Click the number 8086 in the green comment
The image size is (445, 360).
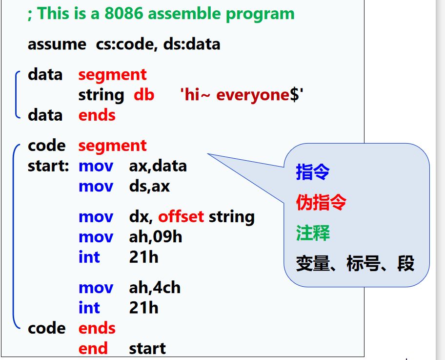pyautogui.click(x=123, y=13)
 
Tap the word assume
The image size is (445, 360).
pyautogui.click(x=57, y=44)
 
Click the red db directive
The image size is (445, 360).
pyautogui.click(x=144, y=95)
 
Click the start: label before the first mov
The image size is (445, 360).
pyautogui.click(x=48, y=166)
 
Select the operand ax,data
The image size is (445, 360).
pyautogui.click(x=158, y=166)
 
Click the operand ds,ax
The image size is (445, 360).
pyautogui.click(x=149, y=187)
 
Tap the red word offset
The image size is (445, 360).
pyautogui.click(x=181, y=216)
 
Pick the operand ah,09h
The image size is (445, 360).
pyautogui.click(x=156, y=237)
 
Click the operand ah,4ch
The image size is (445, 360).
pyautogui.click(x=155, y=288)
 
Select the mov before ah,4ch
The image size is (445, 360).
pyautogui.click(x=96, y=288)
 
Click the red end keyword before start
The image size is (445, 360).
pyautogui.click(x=93, y=349)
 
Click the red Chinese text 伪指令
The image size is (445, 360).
pyautogui.click(x=321, y=202)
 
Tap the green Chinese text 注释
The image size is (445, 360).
pyautogui.click(x=313, y=233)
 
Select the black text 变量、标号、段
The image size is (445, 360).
pyautogui.click(x=355, y=263)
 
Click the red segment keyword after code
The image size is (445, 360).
pyautogui.click(x=112, y=147)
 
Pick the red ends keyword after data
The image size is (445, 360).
pyautogui.click(x=97, y=115)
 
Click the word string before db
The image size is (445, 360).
pyautogui.click(x=101, y=95)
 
